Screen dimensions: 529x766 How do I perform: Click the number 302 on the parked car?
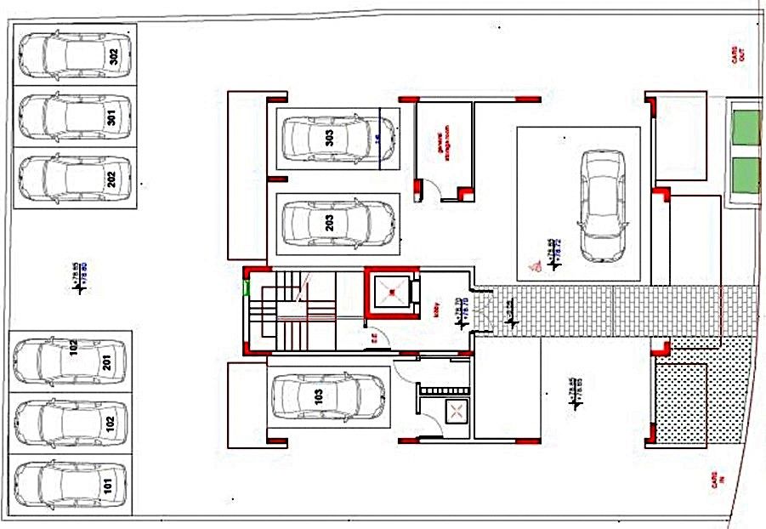pos(114,55)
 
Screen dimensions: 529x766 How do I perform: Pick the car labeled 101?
pos(70,486)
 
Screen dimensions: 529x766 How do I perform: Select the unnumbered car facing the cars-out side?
pos(602,204)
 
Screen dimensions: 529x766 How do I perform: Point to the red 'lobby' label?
pos(438,310)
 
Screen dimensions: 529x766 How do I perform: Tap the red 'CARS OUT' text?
pos(740,55)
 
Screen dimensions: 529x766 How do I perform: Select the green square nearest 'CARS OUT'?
pos(746,128)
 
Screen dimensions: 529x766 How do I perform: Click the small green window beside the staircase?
pos(246,286)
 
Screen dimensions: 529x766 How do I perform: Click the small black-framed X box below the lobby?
pos(457,412)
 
